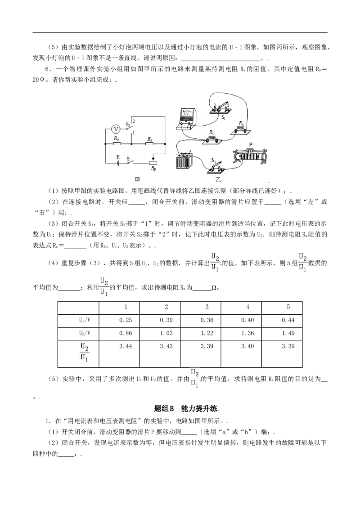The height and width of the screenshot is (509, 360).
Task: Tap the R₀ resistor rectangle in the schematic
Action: coord(117,143)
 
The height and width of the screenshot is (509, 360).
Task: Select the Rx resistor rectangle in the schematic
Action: coord(149,143)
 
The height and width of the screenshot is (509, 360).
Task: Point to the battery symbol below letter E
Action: coord(118,163)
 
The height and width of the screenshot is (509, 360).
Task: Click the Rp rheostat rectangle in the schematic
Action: coord(153,163)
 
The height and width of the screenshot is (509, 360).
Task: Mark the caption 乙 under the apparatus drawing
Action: coord(218,179)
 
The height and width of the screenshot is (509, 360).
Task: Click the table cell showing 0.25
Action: coord(126,320)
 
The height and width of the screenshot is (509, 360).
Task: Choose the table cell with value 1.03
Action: coord(166,333)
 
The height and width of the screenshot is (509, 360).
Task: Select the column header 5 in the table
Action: coord(288,307)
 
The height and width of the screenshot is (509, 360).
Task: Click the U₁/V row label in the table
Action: coord(85,320)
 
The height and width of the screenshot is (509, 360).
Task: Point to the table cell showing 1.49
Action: coord(288,333)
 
